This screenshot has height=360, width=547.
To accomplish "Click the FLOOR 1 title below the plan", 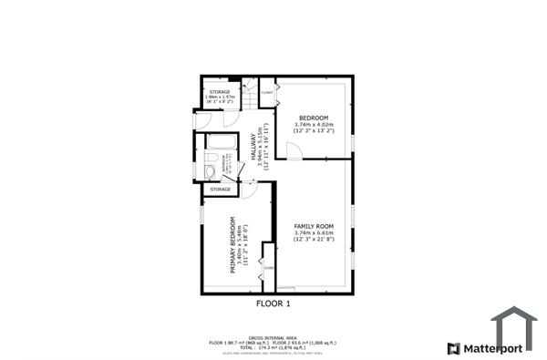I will [x=273, y=303].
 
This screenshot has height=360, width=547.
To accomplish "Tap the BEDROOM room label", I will [x=313, y=118].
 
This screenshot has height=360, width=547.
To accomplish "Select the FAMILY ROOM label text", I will [x=313, y=226].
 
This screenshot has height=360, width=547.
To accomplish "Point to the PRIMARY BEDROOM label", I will [x=233, y=244].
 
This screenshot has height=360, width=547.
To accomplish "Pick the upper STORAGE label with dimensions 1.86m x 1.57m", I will [x=220, y=93].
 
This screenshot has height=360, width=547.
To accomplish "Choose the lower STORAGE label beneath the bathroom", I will [x=220, y=190].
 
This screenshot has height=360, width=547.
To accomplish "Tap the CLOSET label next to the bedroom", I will [x=268, y=93].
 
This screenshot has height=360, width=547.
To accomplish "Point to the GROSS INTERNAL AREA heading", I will [x=273, y=336].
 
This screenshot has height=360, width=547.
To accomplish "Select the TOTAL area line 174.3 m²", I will [x=273, y=347].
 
